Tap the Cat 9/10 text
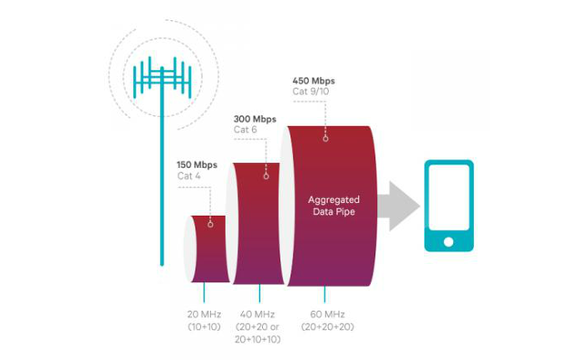tap(313, 92)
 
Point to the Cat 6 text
tap(246, 131)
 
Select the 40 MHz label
tap(256, 314)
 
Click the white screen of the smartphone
tap(449, 200)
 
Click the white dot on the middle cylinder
tap(266, 176)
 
